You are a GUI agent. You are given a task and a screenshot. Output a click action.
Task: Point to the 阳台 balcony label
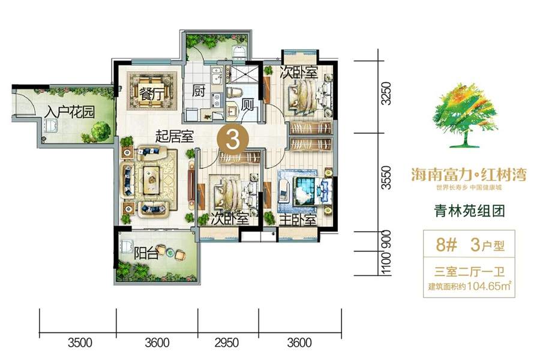[146, 253]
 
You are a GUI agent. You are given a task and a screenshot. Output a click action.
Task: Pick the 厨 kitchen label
[199, 92]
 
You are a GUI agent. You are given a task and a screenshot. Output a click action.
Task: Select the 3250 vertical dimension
[386, 94]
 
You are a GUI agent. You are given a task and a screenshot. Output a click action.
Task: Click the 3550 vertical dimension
[386, 179]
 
